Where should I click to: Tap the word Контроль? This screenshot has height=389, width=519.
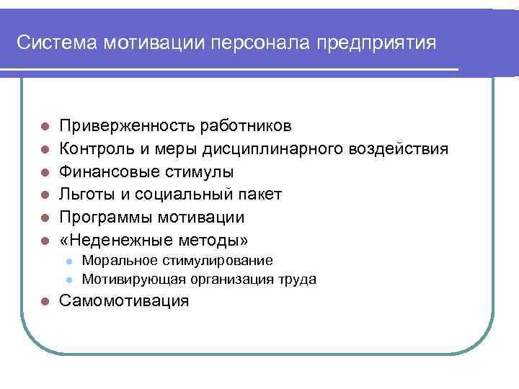(92, 149)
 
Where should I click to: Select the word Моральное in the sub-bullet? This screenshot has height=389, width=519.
(117, 260)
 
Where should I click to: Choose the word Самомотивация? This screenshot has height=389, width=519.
(124, 301)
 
